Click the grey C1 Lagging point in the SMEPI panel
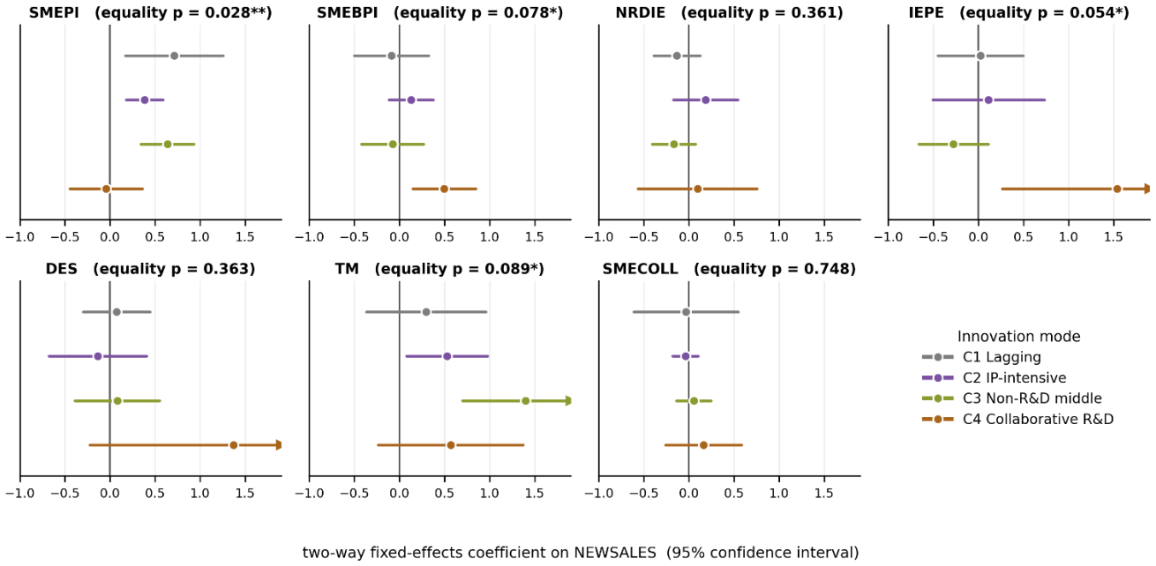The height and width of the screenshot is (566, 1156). [175, 56]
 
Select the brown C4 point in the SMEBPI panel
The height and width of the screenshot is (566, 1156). [444, 190]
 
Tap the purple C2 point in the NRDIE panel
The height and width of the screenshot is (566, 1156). [705, 100]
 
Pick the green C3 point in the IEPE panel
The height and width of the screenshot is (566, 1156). [953, 145]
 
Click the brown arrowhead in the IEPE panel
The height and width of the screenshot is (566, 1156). [1147, 190]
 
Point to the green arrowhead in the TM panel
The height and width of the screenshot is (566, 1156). [568, 400]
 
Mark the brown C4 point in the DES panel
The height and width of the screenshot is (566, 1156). [233, 445]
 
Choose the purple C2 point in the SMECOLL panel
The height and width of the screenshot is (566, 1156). [686, 356]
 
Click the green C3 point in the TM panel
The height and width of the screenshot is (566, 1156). [525, 400]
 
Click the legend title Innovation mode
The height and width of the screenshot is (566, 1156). [1018, 337]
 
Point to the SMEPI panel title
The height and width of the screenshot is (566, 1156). [150, 13]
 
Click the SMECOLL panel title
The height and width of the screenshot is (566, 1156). [729, 269]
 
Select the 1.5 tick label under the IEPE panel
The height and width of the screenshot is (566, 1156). [1113, 237]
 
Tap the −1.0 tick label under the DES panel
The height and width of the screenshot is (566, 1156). [20, 494]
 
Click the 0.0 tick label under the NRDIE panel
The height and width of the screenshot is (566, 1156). [688, 237]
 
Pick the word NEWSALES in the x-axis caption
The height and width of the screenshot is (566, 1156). [615, 553]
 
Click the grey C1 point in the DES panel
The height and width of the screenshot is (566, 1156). [116, 312]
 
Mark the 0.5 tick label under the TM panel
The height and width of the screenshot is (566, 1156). [445, 494]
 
